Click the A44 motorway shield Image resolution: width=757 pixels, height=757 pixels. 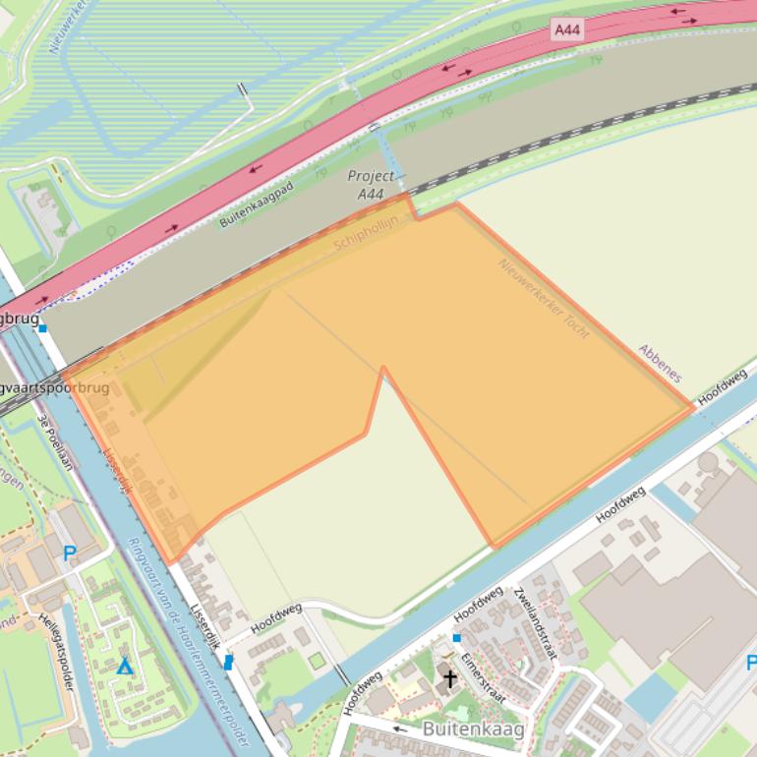(567, 30)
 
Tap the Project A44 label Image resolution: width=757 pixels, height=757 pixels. (371, 185)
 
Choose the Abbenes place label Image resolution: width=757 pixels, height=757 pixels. (660, 363)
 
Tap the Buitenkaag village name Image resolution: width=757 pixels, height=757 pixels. (472, 728)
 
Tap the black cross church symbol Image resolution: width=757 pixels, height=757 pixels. (450, 678)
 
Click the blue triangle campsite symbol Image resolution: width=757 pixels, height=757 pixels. (124, 667)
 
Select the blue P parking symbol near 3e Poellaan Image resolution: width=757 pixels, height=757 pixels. (69, 553)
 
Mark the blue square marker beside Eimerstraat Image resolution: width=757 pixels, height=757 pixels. (456, 638)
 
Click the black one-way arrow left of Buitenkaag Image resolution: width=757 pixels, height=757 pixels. (400, 728)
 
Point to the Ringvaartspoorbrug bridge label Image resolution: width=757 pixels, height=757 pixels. (54, 388)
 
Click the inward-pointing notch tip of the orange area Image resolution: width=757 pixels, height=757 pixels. (382, 369)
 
